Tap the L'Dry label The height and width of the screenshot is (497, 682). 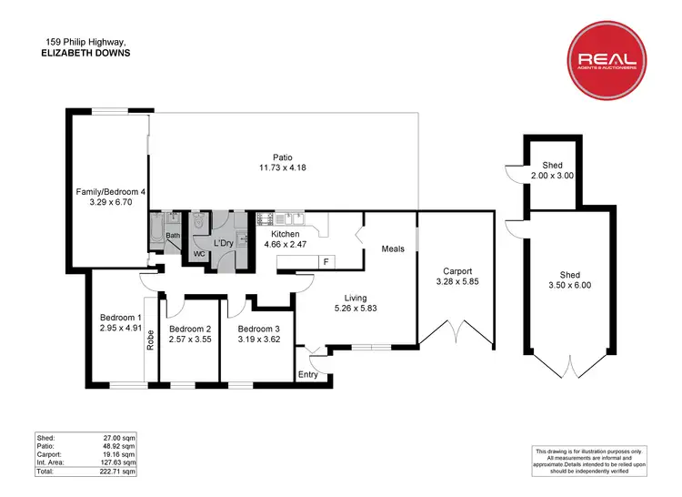pyautogui.click(x=224, y=244)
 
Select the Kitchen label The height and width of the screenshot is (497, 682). pyautogui.click(x=286, y=234)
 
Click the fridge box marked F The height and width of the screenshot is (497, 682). pyautogui.click(x=325, y=262)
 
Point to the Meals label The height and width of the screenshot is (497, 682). pyautogui.click(x=393, y=248)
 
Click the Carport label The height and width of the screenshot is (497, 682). pyautogui.click(x=457, y=271)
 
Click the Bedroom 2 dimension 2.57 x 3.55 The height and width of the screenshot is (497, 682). pyautogui.click(x=190, y=340)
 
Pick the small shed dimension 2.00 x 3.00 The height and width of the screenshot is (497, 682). pyautogui.click(x=552, y=176)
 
